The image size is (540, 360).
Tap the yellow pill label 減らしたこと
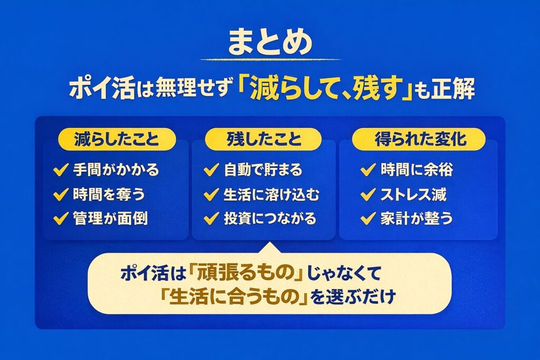(x=116, y=140)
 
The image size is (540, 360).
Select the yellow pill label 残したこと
(x=264, y=140)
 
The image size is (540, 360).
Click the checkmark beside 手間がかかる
(x=60, y=170)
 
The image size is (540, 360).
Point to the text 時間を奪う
(x=108, y=194)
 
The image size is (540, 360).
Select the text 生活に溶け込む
(x=271, y=194)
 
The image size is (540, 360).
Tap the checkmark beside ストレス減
(x=368, y=194)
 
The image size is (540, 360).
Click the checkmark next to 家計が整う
(x=368, y=218)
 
